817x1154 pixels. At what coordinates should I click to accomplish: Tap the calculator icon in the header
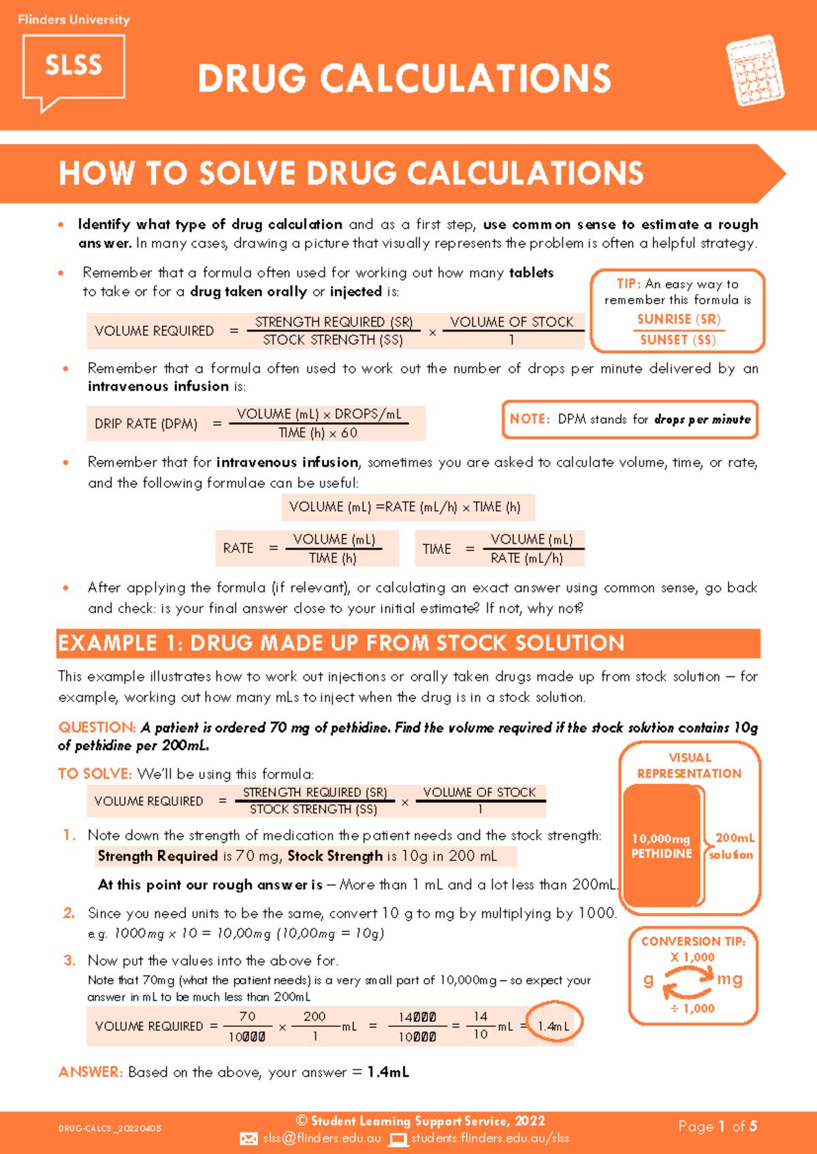[754, 71]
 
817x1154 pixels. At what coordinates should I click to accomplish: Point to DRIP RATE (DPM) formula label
[146, 424]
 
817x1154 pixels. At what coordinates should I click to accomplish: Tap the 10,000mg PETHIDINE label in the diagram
[661, 846]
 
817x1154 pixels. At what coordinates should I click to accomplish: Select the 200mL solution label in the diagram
[733, 846]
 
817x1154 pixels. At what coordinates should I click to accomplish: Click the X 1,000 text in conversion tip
[692, 957]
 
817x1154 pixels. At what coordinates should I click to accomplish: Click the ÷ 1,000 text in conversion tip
[692, 1008]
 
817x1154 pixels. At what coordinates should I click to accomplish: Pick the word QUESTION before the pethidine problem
[97, 727]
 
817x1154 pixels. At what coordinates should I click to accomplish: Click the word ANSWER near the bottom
[91, 1072]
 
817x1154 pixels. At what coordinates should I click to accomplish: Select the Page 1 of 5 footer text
[718, 1127]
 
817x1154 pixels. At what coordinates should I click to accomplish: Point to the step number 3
[69, 961]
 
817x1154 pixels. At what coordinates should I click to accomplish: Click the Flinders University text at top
[74, 20]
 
